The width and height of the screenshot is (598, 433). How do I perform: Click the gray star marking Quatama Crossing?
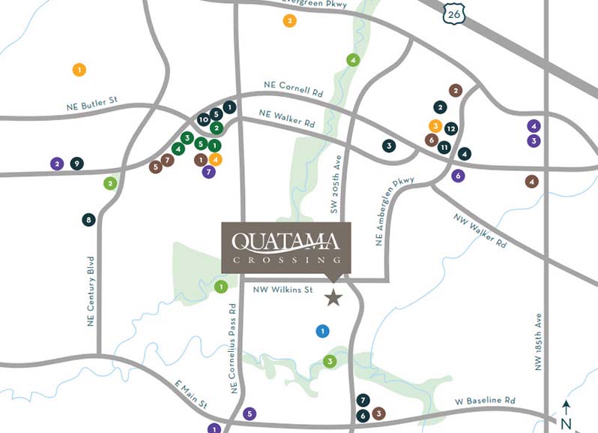pos(333,299)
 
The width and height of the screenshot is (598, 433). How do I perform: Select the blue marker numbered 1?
pos(322,330)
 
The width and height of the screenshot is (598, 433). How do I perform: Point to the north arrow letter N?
pos(566,423)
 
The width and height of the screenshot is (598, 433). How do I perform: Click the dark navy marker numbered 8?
pos(89,220)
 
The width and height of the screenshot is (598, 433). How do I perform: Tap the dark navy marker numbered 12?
pos(450,128)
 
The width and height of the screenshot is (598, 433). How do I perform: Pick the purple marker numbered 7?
pos(209,172)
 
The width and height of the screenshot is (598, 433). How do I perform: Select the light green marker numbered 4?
pos(352,60)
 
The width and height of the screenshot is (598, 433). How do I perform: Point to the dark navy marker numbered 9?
pos(76,163)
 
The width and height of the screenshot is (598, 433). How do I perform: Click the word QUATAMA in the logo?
pos(286,242)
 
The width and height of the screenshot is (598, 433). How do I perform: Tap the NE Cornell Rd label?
pos(293,89)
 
